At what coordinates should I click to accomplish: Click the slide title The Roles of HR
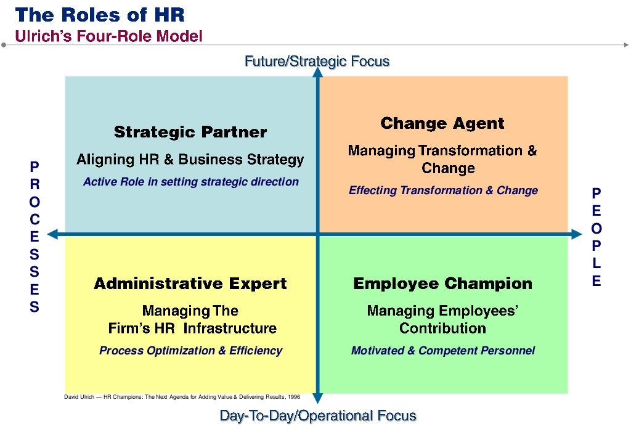click(x=99, y=14)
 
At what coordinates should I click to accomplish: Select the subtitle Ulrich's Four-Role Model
click(x=108, y=36)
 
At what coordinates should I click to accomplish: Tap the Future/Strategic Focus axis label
click(x=317, y=61)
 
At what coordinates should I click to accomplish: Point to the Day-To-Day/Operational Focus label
click(x=318, y=416)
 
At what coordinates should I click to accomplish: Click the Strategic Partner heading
click(x=190, y=132)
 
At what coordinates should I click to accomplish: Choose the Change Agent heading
click(x=442, y=123)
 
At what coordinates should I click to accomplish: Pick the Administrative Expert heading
click(x=190, y=284)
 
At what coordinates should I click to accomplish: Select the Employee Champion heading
click(x=442, y=284)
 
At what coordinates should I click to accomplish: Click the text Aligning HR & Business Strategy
click(x=190, y=160)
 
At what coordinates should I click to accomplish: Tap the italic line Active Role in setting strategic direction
click(x=190, y=182)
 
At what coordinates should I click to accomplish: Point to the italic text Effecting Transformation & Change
click(x=443, y=190)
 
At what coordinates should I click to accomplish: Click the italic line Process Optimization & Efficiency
click(x=190, y=351)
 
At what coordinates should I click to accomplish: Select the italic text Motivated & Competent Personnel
click(x=443, y=351)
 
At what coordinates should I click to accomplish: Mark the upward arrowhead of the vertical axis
click(x=318, y=72)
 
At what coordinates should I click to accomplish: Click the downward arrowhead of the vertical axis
click(x=318, y=399)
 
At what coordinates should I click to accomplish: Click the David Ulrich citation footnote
click(x=182, y=397)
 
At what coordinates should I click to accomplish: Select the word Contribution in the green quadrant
click(x=442, y=328)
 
